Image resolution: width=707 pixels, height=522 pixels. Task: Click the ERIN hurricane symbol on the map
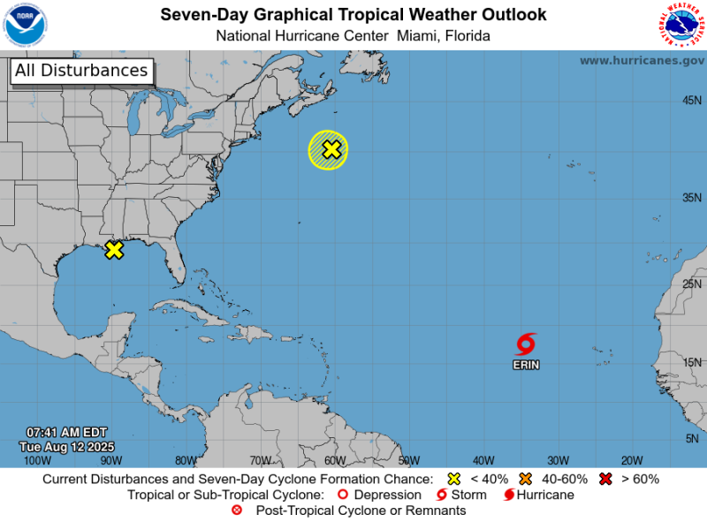[527, 344]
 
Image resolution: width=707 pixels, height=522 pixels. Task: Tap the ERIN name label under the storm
[527, 364]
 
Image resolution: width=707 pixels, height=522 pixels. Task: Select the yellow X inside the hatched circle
[331, 149]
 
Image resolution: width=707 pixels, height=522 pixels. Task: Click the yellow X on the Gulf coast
[114, 250]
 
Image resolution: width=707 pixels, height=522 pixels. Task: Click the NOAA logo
[26, 25]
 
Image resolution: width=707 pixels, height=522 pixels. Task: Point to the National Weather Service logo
[681, 25]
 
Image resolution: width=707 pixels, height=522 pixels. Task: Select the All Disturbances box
[81, 71]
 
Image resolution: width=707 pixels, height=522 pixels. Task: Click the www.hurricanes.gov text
[642, 60]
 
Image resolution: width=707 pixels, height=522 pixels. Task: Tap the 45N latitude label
[692, 100]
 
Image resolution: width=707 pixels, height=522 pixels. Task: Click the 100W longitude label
[37, 460]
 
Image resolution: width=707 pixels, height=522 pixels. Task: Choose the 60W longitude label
[335, 460]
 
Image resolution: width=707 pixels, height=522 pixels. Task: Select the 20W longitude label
[631, 460]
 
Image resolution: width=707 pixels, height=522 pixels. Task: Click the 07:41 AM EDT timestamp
[66, 432]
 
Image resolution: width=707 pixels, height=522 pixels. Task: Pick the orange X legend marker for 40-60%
[525, 479]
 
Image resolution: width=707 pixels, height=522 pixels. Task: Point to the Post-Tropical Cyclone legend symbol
[236, 511]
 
